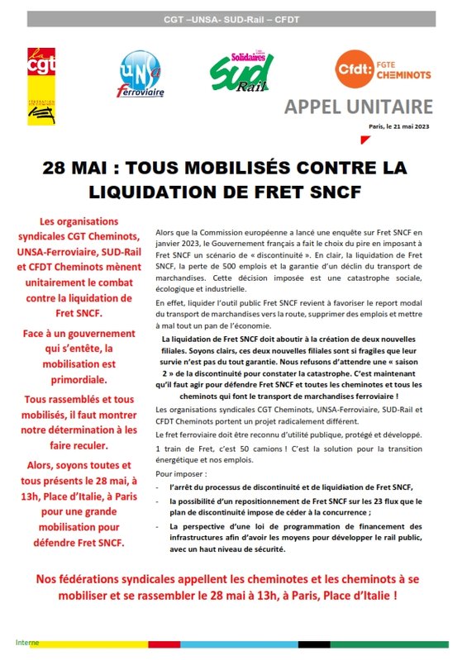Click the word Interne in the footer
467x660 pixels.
[x=27, y=642]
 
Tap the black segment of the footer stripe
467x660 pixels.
[x=314, y=643]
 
